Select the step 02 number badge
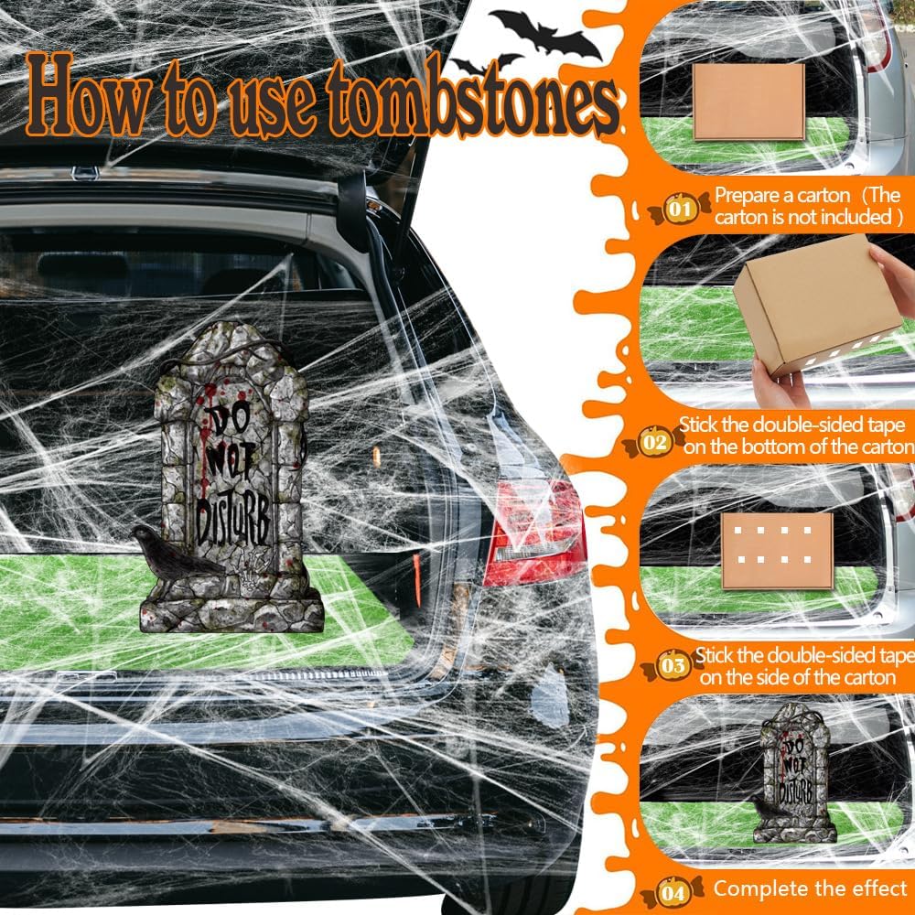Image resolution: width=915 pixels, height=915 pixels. click(654, 442)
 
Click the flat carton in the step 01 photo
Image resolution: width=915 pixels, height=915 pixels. click(748, 101)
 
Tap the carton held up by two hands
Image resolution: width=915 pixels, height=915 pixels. click(814, 302)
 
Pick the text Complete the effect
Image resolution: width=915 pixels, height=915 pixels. click(810, 888)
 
